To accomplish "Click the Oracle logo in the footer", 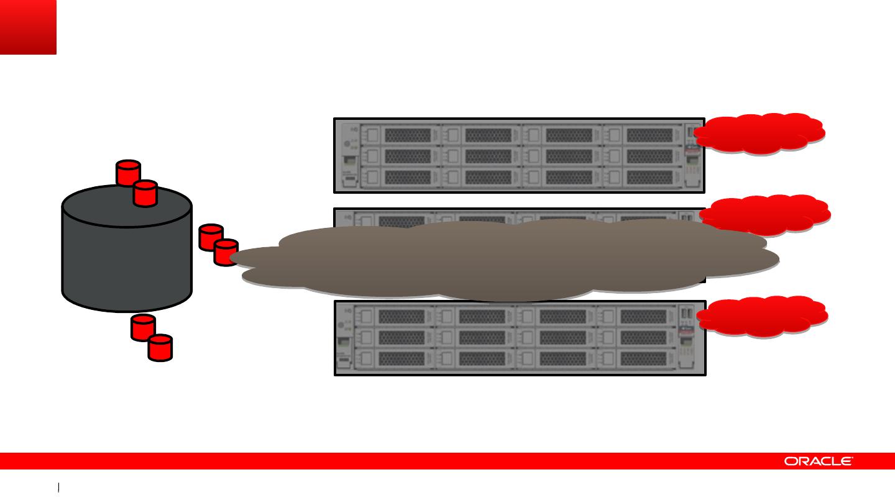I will pos(818,461).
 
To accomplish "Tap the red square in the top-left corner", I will pos(28,27).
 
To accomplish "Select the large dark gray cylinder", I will pos(127,255).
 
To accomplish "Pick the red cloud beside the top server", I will pos(760,133).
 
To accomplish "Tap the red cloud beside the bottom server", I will pos(762,317).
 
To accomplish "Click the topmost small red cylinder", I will pos(129,172).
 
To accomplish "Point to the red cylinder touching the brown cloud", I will pos(225,252).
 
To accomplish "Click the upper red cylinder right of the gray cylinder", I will pos(210,237).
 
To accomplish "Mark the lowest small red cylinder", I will pos(160,347).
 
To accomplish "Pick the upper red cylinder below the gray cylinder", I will pos(143,327).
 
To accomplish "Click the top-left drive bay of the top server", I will pos(407,135).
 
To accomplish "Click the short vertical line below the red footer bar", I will pos(58,487).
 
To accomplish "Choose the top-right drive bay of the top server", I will pos(649,135).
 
